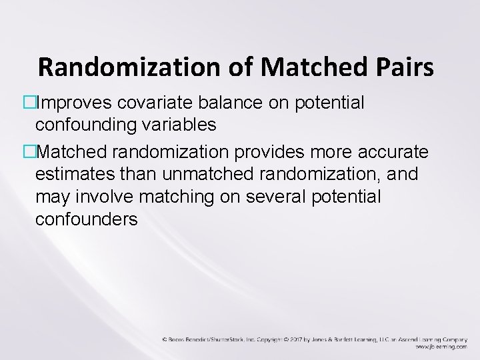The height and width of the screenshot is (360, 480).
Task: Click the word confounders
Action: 87,219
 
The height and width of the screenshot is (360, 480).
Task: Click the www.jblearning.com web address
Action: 441,347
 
